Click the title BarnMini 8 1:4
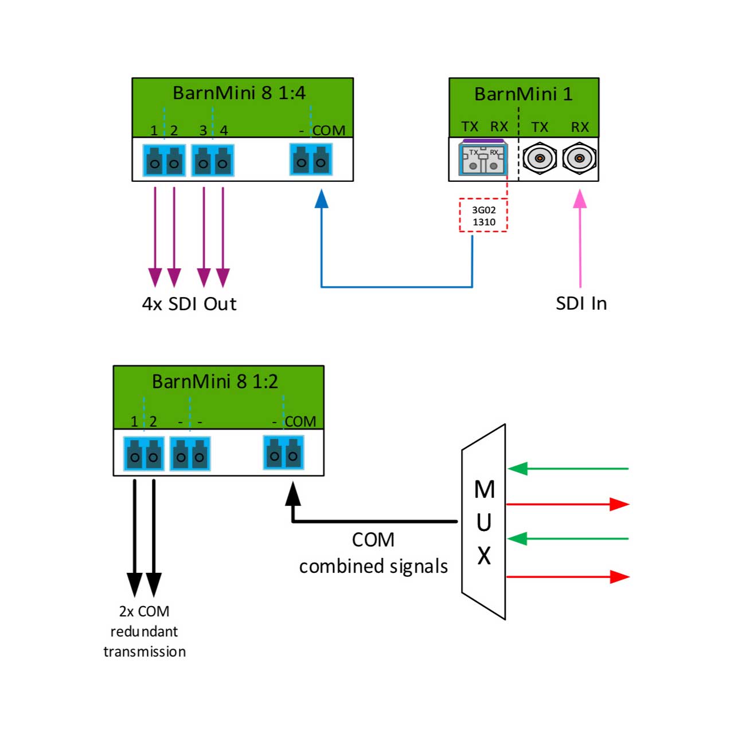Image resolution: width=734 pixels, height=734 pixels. point(239,93)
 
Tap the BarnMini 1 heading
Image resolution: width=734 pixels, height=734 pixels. point(523,93)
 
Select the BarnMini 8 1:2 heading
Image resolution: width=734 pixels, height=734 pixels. point(215,381)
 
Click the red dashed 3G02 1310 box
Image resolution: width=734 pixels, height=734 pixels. point(483,215)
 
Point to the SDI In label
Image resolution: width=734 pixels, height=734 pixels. point(581,303)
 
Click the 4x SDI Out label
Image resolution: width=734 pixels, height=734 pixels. point(189,304)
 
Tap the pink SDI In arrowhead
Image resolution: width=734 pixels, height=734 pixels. point(580,199)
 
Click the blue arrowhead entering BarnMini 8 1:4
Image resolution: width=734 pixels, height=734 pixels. point(322,198)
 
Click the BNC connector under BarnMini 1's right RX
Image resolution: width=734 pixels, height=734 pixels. point(579,158)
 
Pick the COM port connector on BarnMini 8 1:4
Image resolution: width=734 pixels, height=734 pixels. point(311,159)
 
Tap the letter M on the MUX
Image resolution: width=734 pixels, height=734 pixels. point(484,490)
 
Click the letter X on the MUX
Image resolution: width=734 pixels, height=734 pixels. point(484,556)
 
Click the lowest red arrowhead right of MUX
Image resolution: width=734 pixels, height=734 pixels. point(619,577)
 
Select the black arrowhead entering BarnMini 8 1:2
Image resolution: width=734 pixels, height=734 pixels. point(293,494)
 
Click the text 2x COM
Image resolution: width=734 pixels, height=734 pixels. point(144,611)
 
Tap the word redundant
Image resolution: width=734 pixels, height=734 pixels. point(144,631)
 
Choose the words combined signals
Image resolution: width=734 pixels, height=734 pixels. point(373,566)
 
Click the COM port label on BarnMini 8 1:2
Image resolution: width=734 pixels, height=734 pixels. point(300,421)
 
